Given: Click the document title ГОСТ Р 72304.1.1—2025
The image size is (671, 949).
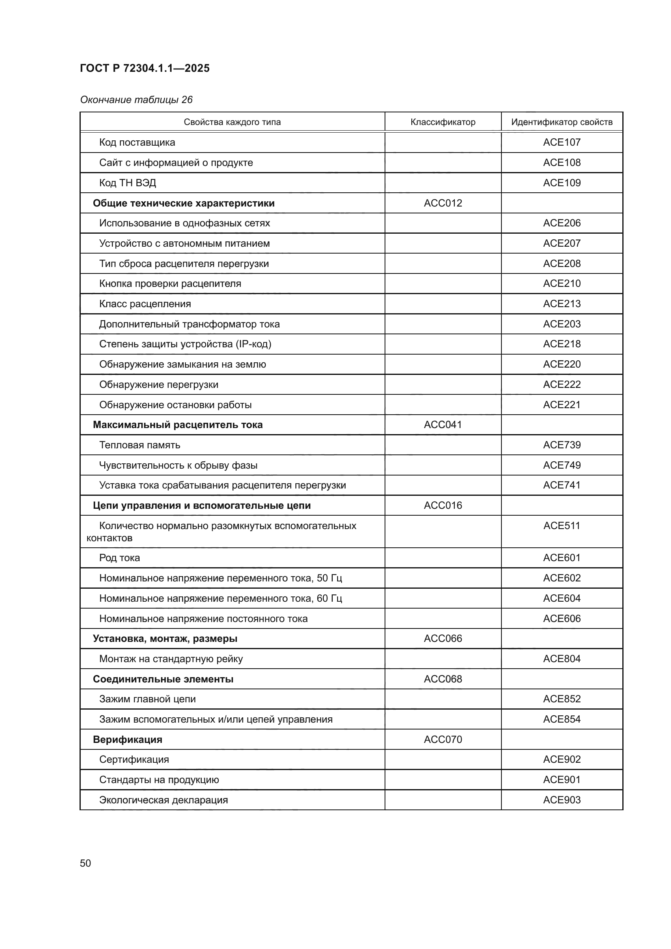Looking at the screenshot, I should pyautogui.click(x=144, y=68).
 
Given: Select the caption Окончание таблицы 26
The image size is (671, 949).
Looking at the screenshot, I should pyautogui.click(x=136, y=100).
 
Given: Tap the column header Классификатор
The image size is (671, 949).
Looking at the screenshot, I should pyautogui.click(x=443, y=122).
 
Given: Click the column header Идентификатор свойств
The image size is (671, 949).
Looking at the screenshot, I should pyautogui.click(x=561, y=122).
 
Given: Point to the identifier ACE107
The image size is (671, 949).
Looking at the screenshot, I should pyautogui.click(x=561, y=142).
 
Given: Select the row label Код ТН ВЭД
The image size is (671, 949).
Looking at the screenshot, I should pyautogui.click(x=127, y=183).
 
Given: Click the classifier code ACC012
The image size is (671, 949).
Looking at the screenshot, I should pyautogui.click(x=443, y=203).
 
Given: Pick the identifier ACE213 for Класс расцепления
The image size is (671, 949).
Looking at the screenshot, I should pyautogui.click(x=561, y=304).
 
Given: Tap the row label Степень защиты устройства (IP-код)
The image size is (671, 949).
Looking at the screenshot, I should pyautogui.click(x=185, y=344).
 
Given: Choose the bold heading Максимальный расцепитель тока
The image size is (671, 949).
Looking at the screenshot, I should pyautogui.click(x=178, y=425).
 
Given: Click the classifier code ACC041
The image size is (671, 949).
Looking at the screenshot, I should pyautogui.click(x=443, y=425).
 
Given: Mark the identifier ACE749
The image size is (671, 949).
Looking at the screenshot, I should pyautogui.click(x=561, y=465).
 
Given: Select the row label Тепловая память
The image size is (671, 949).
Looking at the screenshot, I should pyautogui.click(x=140, y=445).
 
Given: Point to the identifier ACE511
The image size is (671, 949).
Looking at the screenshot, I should pyautogui.click(x=561, y=526).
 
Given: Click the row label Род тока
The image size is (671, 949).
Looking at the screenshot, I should pyautogui.click(x=119, y=558).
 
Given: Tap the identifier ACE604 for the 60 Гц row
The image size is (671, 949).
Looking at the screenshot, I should pyautogui.click(x=561, y=598).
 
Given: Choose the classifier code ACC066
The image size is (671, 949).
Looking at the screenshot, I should pyautogui.click(x=443, y=639).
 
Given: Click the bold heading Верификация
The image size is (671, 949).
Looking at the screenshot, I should pyautogui.click(x=127, y=740).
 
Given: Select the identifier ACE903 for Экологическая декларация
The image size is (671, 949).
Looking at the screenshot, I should pyautogui.click(x=561, y=800).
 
